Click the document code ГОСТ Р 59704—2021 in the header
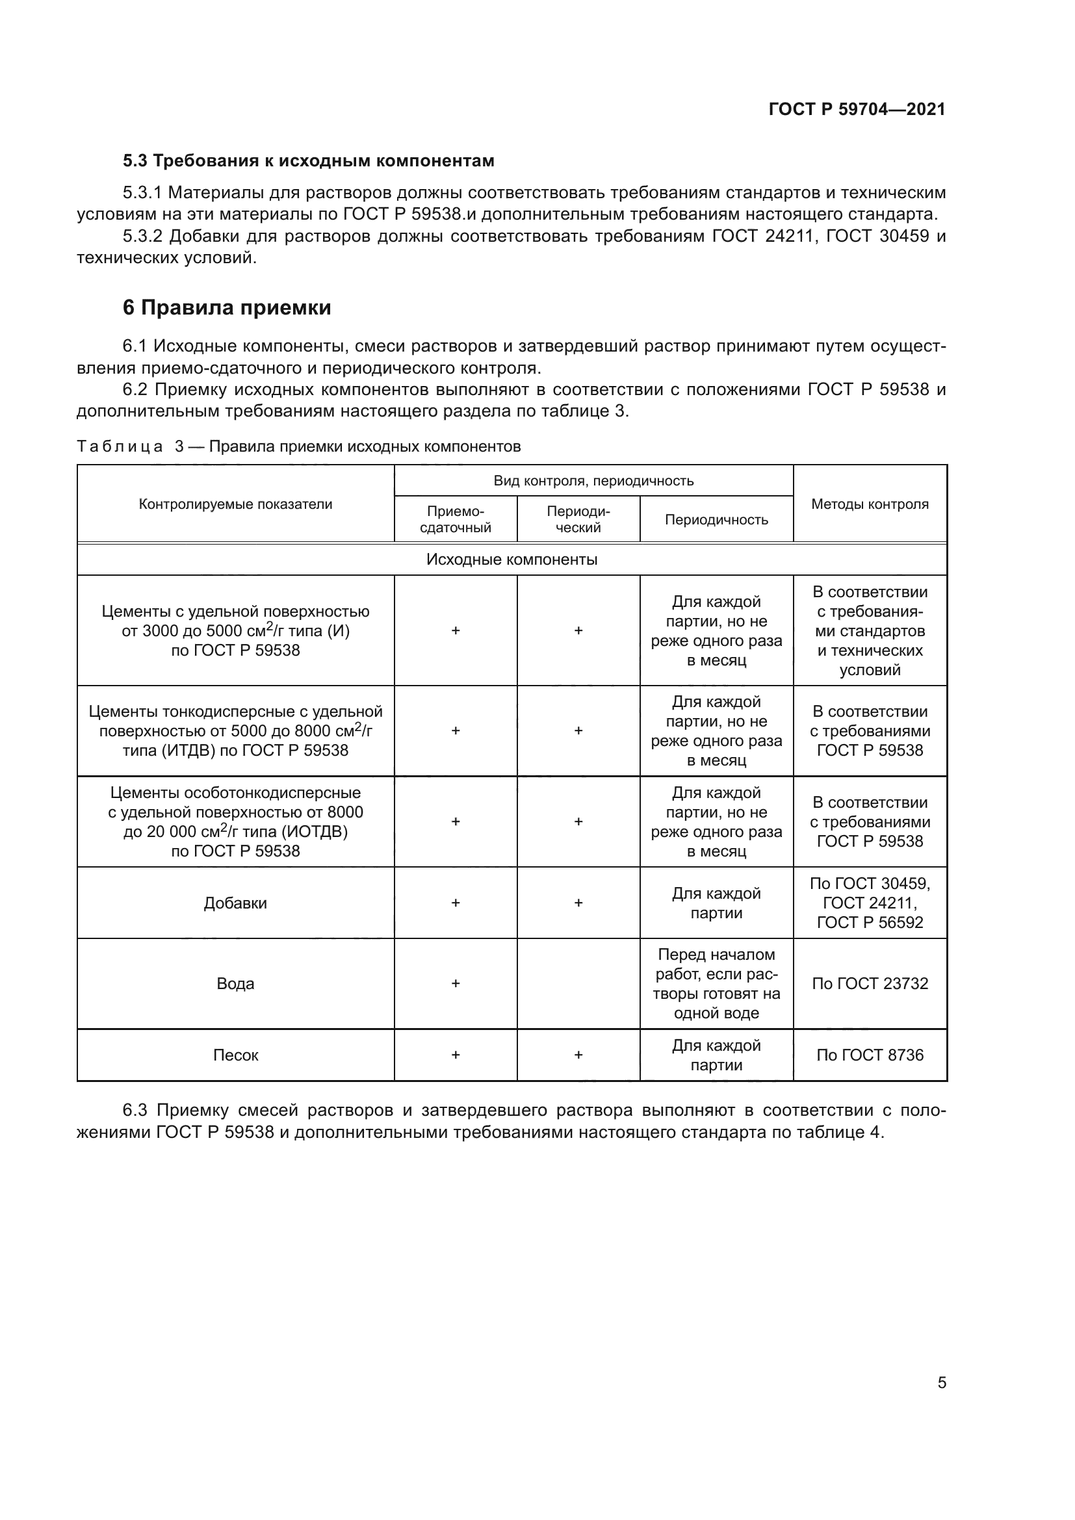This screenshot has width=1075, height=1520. coord(857,109)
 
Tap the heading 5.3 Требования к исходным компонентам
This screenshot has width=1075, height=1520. coord(309,161)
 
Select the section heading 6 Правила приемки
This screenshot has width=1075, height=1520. coord(226,308)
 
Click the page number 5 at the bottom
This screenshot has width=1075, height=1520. coord(941,1383)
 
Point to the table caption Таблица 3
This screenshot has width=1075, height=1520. coord(298,446)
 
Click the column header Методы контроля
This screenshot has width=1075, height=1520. coord(869,504)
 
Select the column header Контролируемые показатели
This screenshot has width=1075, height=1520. coord(235,504)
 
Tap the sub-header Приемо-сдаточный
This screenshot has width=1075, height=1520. coord(456,520)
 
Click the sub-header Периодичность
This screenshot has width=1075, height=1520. coord(716,520)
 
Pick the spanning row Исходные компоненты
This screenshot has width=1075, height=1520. coord(511,560)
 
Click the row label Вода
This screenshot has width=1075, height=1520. coord(235,984)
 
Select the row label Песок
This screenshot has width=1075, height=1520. coord(235,1055)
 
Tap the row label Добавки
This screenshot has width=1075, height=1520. coord(235,904)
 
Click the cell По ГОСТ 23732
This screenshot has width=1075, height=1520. coord(869,984)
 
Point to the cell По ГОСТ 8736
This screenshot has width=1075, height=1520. coord(869,1055)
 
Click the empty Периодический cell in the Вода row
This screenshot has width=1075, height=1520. coord(578,984)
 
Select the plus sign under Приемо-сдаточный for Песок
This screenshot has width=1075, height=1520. coord(456,1055)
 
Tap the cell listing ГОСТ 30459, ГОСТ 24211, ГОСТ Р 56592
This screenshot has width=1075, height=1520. coord(869,904)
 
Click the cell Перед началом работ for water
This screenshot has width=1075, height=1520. coord(716,984)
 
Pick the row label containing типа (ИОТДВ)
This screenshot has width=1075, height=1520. coord(235,822)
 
